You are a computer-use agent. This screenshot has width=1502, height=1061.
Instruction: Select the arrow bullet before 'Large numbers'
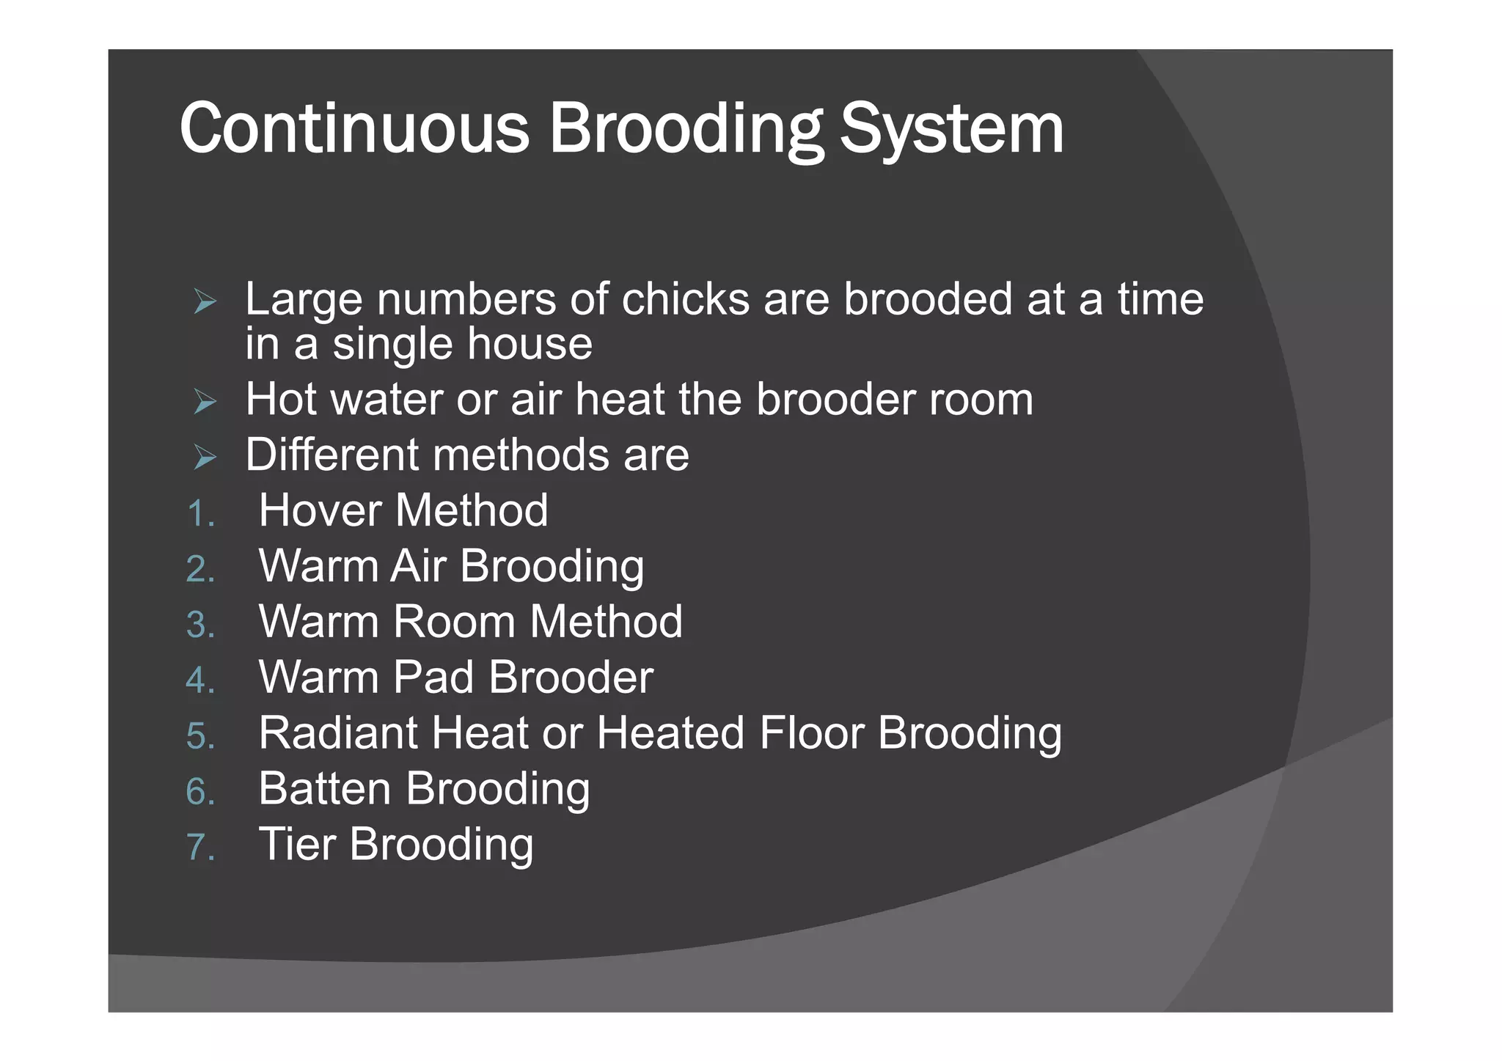tap(205, 301)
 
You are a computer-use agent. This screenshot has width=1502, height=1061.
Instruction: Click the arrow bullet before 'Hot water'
tap(205, 402)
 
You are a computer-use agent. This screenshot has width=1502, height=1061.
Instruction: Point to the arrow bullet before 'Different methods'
tap(205, 458)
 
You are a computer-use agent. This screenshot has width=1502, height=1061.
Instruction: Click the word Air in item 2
tap(418, 566)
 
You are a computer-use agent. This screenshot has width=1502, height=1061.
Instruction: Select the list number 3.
tap(200, 625)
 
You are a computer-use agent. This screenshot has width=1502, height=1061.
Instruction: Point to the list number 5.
tap(200, 736)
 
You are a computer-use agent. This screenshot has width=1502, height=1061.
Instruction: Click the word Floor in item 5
tap(811, 733)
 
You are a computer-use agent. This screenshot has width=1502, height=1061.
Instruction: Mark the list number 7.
tap(200, 847)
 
